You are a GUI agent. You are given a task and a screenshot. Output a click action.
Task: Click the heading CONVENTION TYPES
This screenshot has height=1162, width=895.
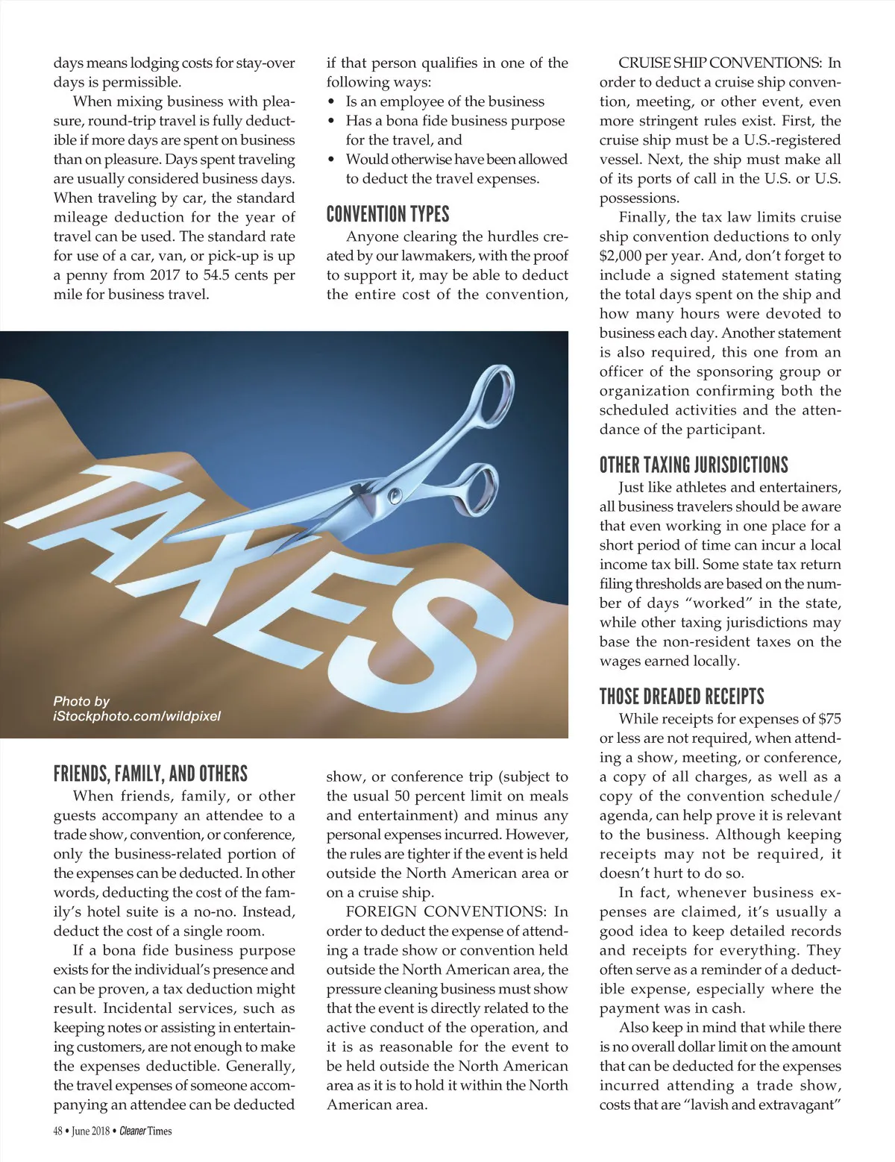click(x=388, y=215)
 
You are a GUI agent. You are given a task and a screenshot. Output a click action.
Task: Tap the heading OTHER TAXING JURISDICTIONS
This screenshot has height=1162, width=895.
click(x=694, y=465)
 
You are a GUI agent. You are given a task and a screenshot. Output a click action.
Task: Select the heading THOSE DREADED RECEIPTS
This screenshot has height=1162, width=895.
click(x=682, y=697)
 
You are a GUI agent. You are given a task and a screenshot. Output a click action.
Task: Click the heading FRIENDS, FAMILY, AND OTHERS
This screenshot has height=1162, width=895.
click(x=150, y=774)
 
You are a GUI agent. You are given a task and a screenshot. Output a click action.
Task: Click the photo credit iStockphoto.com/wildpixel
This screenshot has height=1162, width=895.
click(x=136, y=717)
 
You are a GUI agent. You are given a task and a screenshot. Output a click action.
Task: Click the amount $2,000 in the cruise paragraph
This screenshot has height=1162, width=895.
click(x=624, y=256)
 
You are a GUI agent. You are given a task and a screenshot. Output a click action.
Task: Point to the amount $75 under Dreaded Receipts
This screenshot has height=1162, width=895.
click(x=829, y=720)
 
